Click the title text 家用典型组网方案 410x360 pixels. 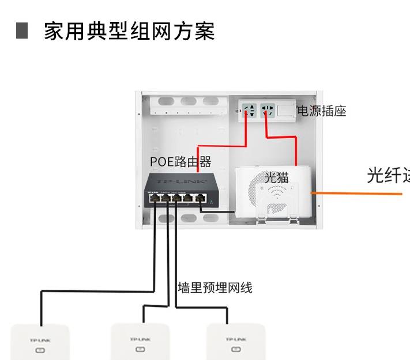(x=129, y=31)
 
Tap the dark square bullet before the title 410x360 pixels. (x=22, y=31)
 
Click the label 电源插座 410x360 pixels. (x=321, y=111)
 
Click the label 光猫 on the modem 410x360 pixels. (x=276, y=177)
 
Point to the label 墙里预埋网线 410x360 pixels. (x=215, y=287)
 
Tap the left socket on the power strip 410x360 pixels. (x=249, y=109)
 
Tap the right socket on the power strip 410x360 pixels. (x=266, y=109)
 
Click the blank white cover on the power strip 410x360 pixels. (x=286, y=109)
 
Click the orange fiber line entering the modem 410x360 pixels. (x=358, y=194)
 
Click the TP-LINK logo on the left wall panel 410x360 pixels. (x=40, y=340)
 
